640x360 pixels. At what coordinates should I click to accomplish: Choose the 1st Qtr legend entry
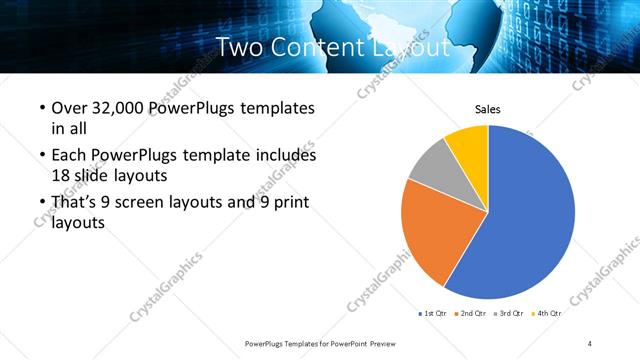point(434,314)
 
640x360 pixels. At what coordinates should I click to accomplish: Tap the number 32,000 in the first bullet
point(119,108)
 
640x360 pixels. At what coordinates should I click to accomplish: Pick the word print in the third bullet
point(288,203)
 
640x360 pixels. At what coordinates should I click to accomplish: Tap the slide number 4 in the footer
point(590,343)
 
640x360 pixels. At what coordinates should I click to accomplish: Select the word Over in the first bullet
point(69,108)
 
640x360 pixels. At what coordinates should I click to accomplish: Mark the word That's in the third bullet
point(75,203)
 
